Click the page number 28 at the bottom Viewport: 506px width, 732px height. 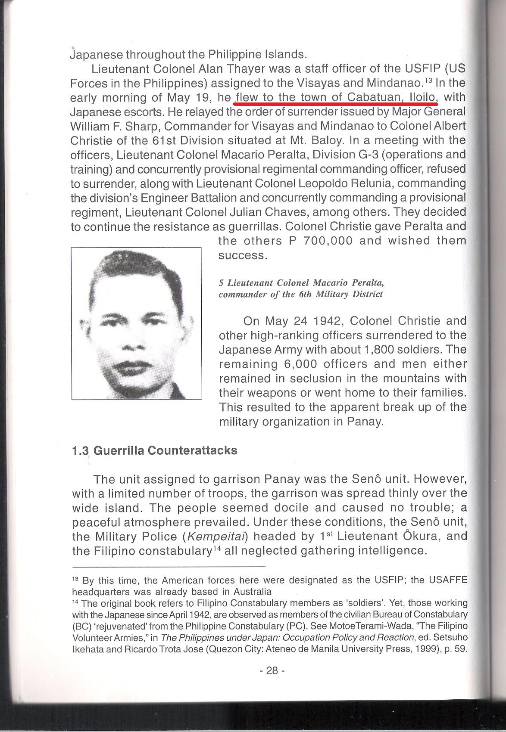272,670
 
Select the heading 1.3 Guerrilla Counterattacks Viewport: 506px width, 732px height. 155,450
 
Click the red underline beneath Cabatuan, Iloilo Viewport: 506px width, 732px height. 335,104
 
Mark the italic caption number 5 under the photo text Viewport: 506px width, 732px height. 221,283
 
